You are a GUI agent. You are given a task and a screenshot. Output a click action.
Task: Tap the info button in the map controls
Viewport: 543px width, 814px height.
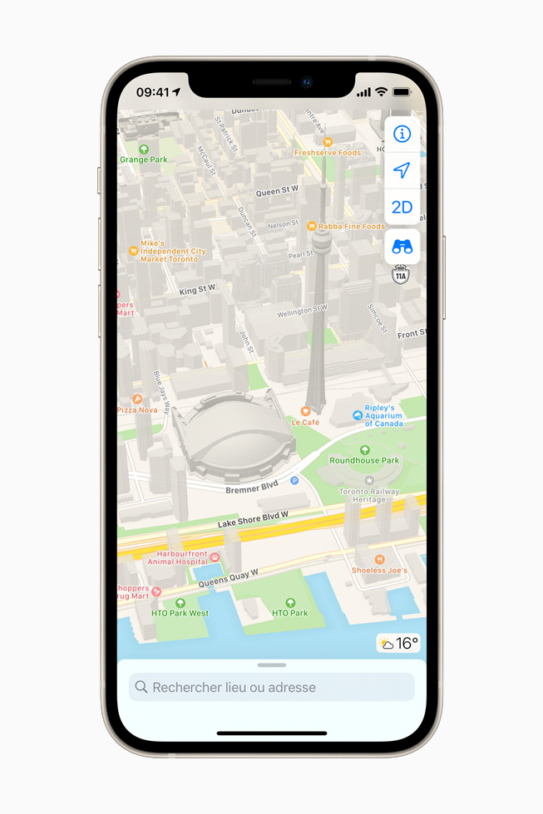[402, 134]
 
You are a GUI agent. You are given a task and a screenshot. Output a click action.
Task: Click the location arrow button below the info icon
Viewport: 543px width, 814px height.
[402, 170]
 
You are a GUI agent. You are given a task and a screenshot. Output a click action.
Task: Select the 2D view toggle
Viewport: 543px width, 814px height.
[402, 207]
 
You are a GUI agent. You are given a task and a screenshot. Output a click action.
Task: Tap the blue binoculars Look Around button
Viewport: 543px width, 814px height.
[402, 247]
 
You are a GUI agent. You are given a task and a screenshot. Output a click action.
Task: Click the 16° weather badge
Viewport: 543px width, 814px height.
[398, 644]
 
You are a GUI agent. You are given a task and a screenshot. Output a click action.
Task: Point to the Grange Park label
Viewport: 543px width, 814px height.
[144, 159]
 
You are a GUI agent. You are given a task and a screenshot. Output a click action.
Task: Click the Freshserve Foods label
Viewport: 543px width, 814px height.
[328, 152]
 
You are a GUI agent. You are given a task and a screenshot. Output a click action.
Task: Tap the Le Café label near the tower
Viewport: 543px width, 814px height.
[305, 421]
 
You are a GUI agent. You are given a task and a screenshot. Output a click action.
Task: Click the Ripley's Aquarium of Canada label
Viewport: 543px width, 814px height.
[383, 415]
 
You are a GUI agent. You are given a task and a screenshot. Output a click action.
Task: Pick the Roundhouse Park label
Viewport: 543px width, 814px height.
[364, 459]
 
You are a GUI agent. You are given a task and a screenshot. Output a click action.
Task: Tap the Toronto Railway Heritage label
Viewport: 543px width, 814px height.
[369, 495]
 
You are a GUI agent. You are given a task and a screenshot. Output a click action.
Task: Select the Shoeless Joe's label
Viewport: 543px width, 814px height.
[380, 570]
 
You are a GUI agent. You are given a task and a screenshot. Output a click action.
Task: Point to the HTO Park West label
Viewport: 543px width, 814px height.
[180, 613]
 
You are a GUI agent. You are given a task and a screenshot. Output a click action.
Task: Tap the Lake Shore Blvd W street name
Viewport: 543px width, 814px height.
[253, 520]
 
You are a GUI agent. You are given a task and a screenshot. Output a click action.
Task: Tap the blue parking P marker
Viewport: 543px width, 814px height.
[294, 481]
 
